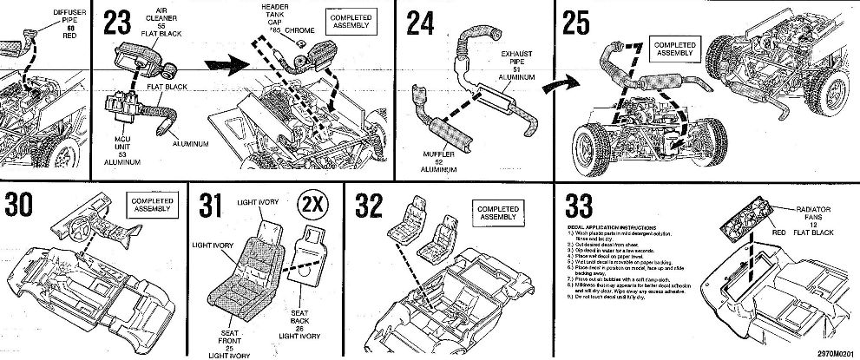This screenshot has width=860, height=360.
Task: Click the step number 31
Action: [212, 206]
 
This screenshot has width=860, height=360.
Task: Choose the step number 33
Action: [581, 206]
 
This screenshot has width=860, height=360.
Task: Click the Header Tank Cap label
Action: [275, 19]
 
